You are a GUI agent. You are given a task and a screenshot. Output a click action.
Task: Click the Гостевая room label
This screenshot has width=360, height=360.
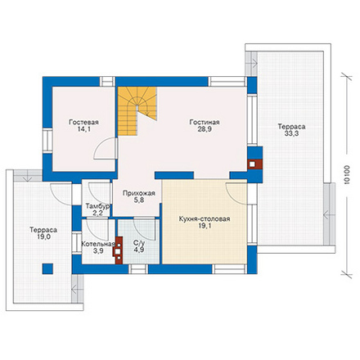click(83, 122)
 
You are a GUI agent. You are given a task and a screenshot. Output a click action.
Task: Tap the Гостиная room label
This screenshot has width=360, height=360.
click(205, 122)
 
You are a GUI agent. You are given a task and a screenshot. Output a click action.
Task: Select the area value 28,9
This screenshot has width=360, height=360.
click(205, 129)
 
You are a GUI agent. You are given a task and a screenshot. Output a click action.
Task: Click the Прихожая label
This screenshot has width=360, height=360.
click(139, 193)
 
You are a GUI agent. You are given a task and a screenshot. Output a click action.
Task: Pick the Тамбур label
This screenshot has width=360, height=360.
click(97, 206)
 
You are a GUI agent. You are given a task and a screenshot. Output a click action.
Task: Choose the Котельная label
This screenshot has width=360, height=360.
click(98, 244)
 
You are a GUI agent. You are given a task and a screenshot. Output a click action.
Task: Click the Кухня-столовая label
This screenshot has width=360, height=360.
click(205, 218)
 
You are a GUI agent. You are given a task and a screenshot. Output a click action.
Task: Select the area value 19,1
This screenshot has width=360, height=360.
click(205, 226)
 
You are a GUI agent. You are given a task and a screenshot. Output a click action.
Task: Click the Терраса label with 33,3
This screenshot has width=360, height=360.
click(291, 127)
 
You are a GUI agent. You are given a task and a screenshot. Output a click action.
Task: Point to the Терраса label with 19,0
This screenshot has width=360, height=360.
click(43, 230)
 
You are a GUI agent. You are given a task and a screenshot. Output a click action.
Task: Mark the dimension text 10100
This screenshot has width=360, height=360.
click(346, 174)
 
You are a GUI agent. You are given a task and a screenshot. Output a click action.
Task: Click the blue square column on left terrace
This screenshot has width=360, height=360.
click(47, 268)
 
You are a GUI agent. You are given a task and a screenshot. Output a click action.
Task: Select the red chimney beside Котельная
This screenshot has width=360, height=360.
click(118, 250)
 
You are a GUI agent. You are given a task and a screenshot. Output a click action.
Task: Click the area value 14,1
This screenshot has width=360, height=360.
click(83, 129)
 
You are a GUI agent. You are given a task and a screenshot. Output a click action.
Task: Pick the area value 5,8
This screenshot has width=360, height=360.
click(139, 200)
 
